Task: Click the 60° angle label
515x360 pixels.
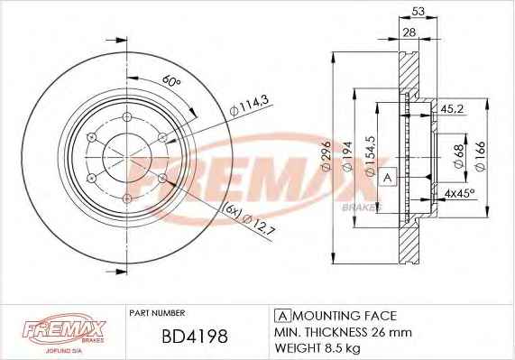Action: pyautogui.click(x=171, y=81)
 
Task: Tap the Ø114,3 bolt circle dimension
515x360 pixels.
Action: pyautogui.click(x=250, y=105)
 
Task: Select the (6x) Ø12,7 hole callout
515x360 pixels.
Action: pyautogui.click(x=249, y=219)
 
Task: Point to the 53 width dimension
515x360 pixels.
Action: pyautogui.click(x=418, y=12)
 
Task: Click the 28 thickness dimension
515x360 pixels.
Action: pyautogui.click(x=409, y=32)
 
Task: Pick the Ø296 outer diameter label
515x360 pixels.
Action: pyautogui.click(x=326, y=157)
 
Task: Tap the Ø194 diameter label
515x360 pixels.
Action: pyautogui.click(x=347, y=156)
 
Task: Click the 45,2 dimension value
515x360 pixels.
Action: pyautogui.click(x=452, y=109)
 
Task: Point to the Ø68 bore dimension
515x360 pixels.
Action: pyautogui.click(x=459, y=156)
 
